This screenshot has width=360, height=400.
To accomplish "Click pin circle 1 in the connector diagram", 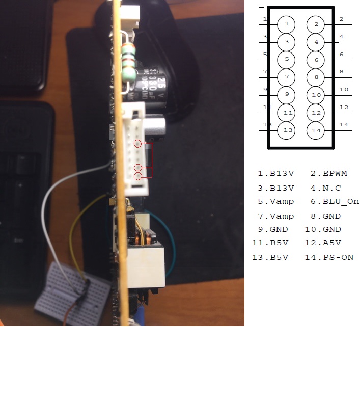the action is (287, 24).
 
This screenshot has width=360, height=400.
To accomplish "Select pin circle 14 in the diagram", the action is (316, 130).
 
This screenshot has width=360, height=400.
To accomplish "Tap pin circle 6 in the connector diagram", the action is (316, 60).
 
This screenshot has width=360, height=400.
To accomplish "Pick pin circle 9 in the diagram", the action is (287, 94).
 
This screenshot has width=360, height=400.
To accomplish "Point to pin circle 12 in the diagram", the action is (316, 113).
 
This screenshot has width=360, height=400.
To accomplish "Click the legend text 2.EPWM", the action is (328, 174).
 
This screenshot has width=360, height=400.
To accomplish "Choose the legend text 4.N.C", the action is (325, 188).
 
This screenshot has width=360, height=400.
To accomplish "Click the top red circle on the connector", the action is (137, 144).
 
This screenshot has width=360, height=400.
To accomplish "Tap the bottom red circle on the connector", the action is (137, 176).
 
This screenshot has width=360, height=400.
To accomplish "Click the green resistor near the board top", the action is (130, 61).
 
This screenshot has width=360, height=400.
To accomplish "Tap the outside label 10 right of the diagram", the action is (344, 90).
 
